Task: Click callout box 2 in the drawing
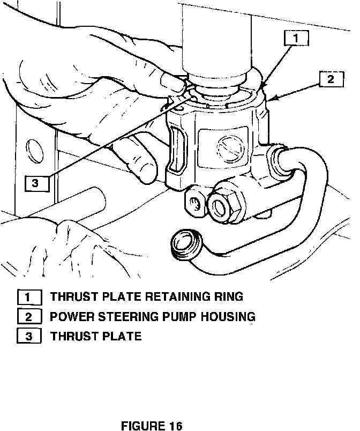click(331, 79)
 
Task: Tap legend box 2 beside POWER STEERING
click(29, 317)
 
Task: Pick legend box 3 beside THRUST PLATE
click(29, 337)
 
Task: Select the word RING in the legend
click(230, 296)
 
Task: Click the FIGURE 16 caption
click(152, 426)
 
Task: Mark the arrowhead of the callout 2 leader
click(274, 99)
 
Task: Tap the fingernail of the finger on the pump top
click(171, 83)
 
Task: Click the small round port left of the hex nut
click(196, 202)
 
